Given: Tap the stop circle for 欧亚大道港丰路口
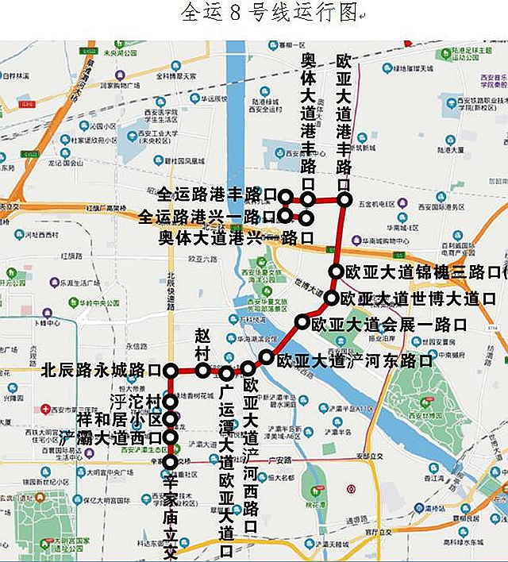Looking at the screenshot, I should click(344, 200).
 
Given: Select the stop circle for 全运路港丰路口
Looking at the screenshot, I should click(285, 196).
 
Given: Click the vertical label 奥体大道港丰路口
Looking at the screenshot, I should click(308, 119).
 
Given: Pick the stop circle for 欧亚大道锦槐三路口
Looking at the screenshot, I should click(336, 271).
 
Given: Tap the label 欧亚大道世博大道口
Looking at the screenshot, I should click(418, 298).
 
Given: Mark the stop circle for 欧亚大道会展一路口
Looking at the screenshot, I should click(302, 321).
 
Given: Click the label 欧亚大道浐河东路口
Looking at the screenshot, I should click(354, 360).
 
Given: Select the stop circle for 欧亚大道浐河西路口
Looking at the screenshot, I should click(248, 368).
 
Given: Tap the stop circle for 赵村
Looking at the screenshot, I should click(203, 370).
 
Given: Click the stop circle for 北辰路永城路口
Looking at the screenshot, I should click(170, 371).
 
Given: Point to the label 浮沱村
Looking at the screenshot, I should click(136, 401).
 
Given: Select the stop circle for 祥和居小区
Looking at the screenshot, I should click(170, 419).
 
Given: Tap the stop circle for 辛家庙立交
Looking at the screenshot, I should click(170, 462).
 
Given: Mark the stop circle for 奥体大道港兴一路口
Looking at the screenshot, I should click(306, 217).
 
